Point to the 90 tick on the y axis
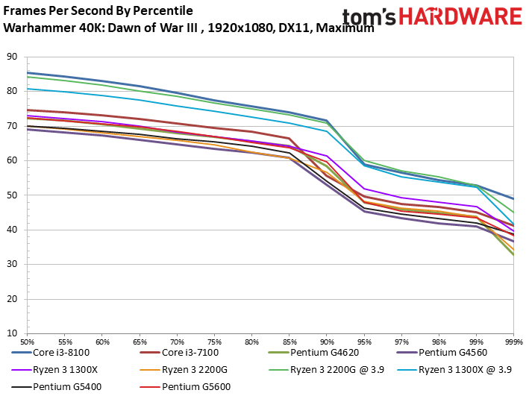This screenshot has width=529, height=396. pos(12,56)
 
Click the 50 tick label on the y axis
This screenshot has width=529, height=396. pos(12,195)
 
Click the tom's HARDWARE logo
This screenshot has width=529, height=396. pos(432,19)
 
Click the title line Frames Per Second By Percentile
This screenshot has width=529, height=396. pos(98,11)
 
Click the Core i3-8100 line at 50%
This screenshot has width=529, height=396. pos(27,72)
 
